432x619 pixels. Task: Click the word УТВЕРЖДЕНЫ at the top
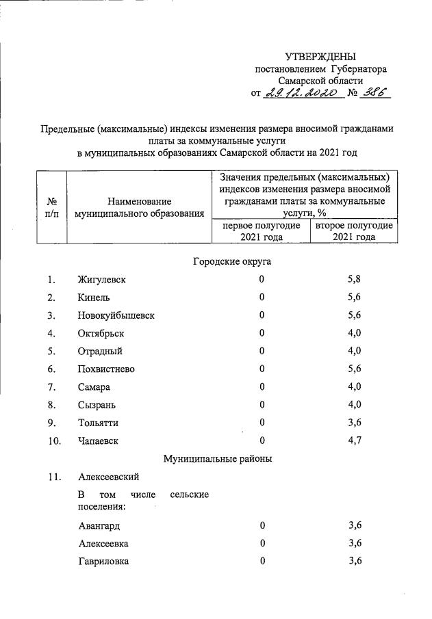point(320,57)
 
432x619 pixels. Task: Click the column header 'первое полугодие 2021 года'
point(261,231)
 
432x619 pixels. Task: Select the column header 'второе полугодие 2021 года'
point(354,231)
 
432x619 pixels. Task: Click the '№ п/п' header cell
point(51,208)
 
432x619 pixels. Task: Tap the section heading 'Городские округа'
point(227,261)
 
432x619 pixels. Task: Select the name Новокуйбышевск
point(116,315)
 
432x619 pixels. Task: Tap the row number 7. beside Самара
point(51,387)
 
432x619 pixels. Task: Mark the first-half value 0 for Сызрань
point(262,405)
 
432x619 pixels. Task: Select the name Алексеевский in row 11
point(109,477)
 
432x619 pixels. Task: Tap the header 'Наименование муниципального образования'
point(140,208)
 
